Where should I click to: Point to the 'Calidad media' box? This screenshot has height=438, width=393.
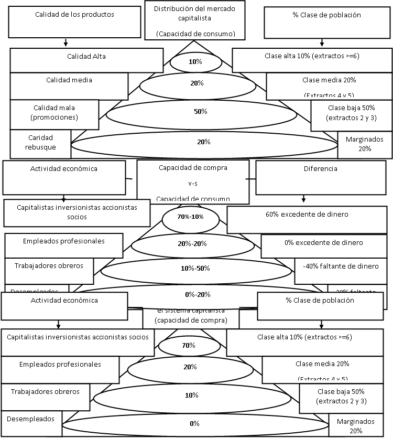(x=69, y=86)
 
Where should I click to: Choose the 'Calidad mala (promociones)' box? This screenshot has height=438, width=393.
(x=54, y=113)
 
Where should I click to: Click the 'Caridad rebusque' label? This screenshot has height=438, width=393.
(x=40, y=143)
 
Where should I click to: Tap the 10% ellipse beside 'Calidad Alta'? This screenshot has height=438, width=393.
(x=195, y=62)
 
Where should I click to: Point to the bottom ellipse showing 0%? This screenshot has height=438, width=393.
(x=194, y=423)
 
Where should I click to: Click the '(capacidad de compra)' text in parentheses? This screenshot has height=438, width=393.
(x=191, y=320)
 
